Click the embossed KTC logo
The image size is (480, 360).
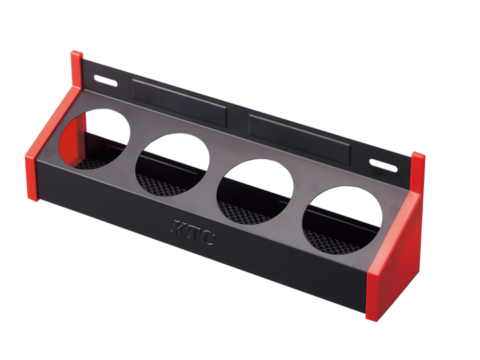tap(192, 232)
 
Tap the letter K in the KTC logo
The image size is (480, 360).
tap(177, 227)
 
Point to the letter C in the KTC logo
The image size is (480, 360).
tap(206, 238)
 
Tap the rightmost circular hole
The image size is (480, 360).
tap(342, 219)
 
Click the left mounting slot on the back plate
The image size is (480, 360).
tap(105, 81)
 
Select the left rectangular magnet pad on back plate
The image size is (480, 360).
tap(179, 103)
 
